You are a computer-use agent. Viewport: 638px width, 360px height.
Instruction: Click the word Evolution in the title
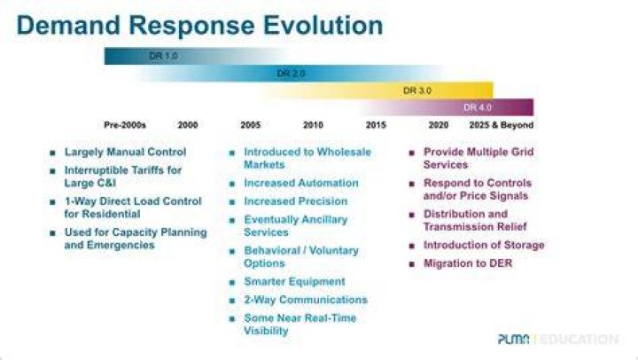pyautogui.click(x=323, y=25)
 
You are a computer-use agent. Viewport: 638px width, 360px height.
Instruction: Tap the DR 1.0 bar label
pyautogui.click(x=163, y=56)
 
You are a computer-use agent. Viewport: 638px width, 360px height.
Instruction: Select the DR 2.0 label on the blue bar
pyautogui.click(x=291, y=74)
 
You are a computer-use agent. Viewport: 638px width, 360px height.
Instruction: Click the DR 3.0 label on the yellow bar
pyautogui.click(x=417, y=90)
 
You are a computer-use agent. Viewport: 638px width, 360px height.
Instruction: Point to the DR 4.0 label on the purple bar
pyautogui.click(x=478, y=107)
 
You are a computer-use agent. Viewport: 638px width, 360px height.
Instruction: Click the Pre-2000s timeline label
pyautogui.click(x=125, y=125)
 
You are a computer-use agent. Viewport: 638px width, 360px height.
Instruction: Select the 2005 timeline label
pyautogui.click(x=250, y=125)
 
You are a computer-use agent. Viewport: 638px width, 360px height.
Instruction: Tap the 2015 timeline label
pyautogui.click(x=376, y=125)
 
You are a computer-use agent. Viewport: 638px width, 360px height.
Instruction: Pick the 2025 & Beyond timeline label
pyautogui.click(x=502, y=125)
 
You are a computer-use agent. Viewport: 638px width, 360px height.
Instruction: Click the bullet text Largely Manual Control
pyautogui.click(x=125, y=152)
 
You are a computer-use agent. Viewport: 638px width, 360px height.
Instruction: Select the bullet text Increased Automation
pyautogui.click(x=301, y=183)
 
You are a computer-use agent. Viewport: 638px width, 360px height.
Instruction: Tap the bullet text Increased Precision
pyautogui.click(x=296, y=201)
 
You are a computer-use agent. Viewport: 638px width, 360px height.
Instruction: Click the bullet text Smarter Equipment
pyautogui.click(x=294, y=281)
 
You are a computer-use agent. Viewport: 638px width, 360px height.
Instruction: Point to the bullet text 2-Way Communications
pyautogui.click(x=306, y=300)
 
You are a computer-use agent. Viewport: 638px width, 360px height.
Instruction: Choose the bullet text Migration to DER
pyautogui.click(x=468, y=263)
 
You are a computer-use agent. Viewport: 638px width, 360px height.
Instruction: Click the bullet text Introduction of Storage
pyautogui.click(x=484, y=245)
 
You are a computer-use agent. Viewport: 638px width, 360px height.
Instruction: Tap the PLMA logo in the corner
pyautogui.click(x=514, y=339)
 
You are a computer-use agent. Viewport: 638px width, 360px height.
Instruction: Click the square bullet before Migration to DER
pyautogui.click(x=412, y=264)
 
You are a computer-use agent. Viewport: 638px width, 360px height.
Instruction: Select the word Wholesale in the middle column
pyautogui.click(x=344, y=152)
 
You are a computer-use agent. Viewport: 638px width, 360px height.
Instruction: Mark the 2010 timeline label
pyautogui.click(x=313, y=125)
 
